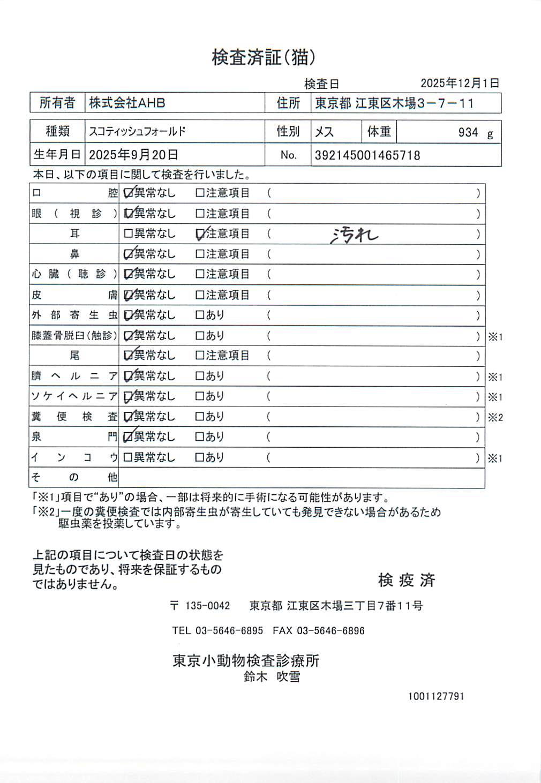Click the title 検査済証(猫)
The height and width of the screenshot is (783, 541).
(264, 57)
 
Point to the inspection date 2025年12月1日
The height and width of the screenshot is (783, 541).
(460, 83)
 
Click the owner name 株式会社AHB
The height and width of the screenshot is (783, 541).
(127, 103)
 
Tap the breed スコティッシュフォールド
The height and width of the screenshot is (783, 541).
(137, 131)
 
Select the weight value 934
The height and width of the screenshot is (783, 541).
(468, 132)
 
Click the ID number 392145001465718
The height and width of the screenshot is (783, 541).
(367, 155)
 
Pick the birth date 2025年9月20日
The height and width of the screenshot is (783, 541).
(133, 155)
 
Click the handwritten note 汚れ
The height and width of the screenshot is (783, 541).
(354, 235)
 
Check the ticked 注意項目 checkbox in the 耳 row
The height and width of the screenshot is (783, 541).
(200, 234)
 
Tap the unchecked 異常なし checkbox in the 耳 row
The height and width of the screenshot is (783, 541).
(128, 234)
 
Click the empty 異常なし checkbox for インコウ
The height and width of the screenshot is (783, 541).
(128, 458)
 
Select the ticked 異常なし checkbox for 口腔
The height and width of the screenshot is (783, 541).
(128, 193)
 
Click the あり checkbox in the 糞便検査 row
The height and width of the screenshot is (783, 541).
(200, 417)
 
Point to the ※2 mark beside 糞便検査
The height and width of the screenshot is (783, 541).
(495, 418)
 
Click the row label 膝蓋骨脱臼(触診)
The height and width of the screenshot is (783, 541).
(74, 336)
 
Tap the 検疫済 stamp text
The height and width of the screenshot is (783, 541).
(407, 580)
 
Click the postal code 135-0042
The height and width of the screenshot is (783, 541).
(207, 606)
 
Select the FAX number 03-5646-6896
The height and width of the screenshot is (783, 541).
(330, 631)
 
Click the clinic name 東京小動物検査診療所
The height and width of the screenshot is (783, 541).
(246, 661)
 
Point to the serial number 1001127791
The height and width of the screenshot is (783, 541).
(436, 696)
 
